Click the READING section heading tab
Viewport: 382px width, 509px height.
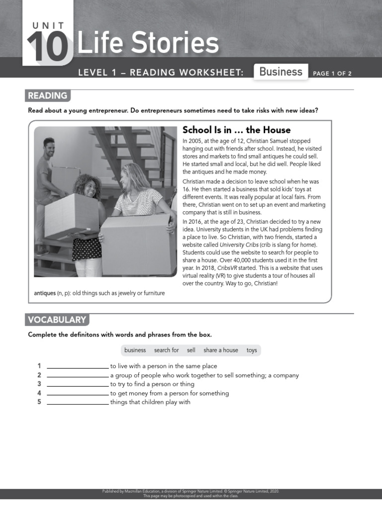coord(48,96)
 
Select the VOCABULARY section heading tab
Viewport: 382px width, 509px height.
coord(57,320)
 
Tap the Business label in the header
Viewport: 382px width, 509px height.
coord(281,72)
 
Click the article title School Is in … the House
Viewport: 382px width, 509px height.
coord(236,130)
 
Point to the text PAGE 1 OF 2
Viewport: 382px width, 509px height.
coord(332,74)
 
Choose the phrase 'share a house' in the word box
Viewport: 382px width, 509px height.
coord(220,350)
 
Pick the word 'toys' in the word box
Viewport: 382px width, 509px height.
coord(252,350)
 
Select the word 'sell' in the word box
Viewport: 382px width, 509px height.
coord(191,350)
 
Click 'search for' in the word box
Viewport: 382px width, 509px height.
coord(166,350)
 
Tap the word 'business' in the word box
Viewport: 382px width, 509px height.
coord(135,350)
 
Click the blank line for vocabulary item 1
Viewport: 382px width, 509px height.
coord(78,367)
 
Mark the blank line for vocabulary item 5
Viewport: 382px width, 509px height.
coord(78,403)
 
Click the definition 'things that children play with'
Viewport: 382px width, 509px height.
coord(150,402)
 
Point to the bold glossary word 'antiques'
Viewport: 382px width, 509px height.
coord(45,293)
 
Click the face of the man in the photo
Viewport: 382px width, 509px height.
coord(49,148)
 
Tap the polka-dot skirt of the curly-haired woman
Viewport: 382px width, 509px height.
coord(87,248)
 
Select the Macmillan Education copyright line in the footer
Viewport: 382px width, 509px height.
coord(191,492)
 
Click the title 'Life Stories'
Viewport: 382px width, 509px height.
coord(148,44)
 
